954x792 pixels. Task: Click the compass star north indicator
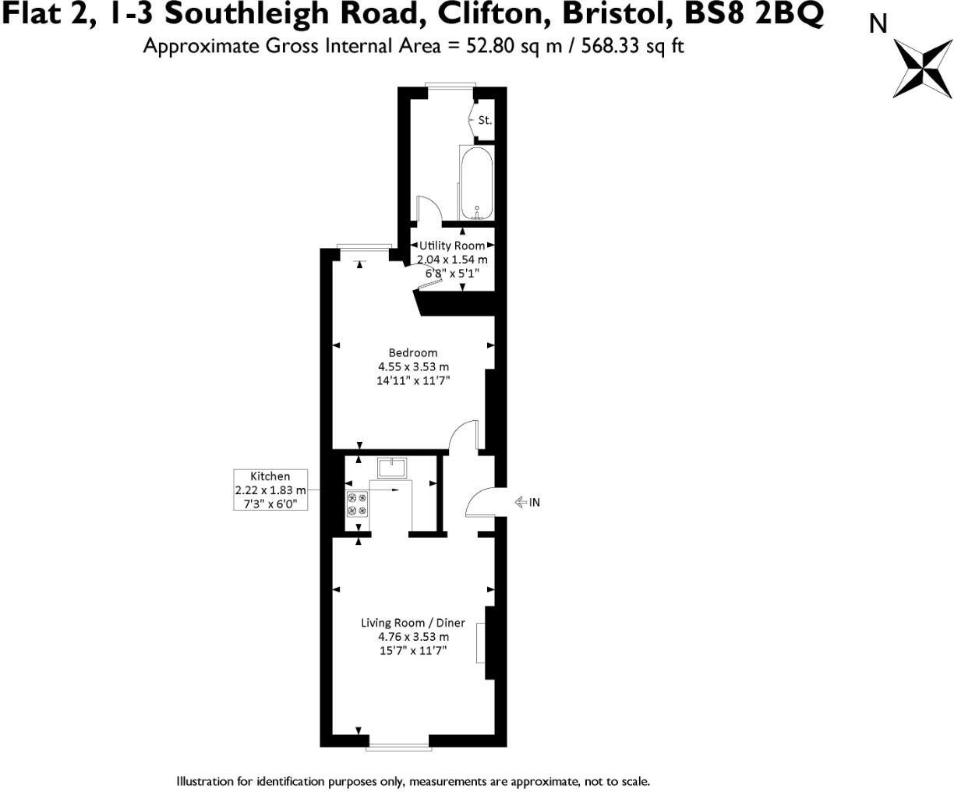922,70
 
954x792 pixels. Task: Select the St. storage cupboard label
485,120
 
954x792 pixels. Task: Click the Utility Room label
452,246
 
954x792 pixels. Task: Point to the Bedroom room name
413,352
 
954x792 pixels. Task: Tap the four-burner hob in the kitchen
357,504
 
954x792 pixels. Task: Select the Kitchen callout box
270,490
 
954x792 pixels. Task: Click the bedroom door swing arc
465,436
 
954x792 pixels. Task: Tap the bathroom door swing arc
429,209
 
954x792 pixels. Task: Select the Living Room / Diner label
412,623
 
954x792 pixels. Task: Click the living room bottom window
398,748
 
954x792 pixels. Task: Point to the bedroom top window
364,247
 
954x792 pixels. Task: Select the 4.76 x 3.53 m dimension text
413,637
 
